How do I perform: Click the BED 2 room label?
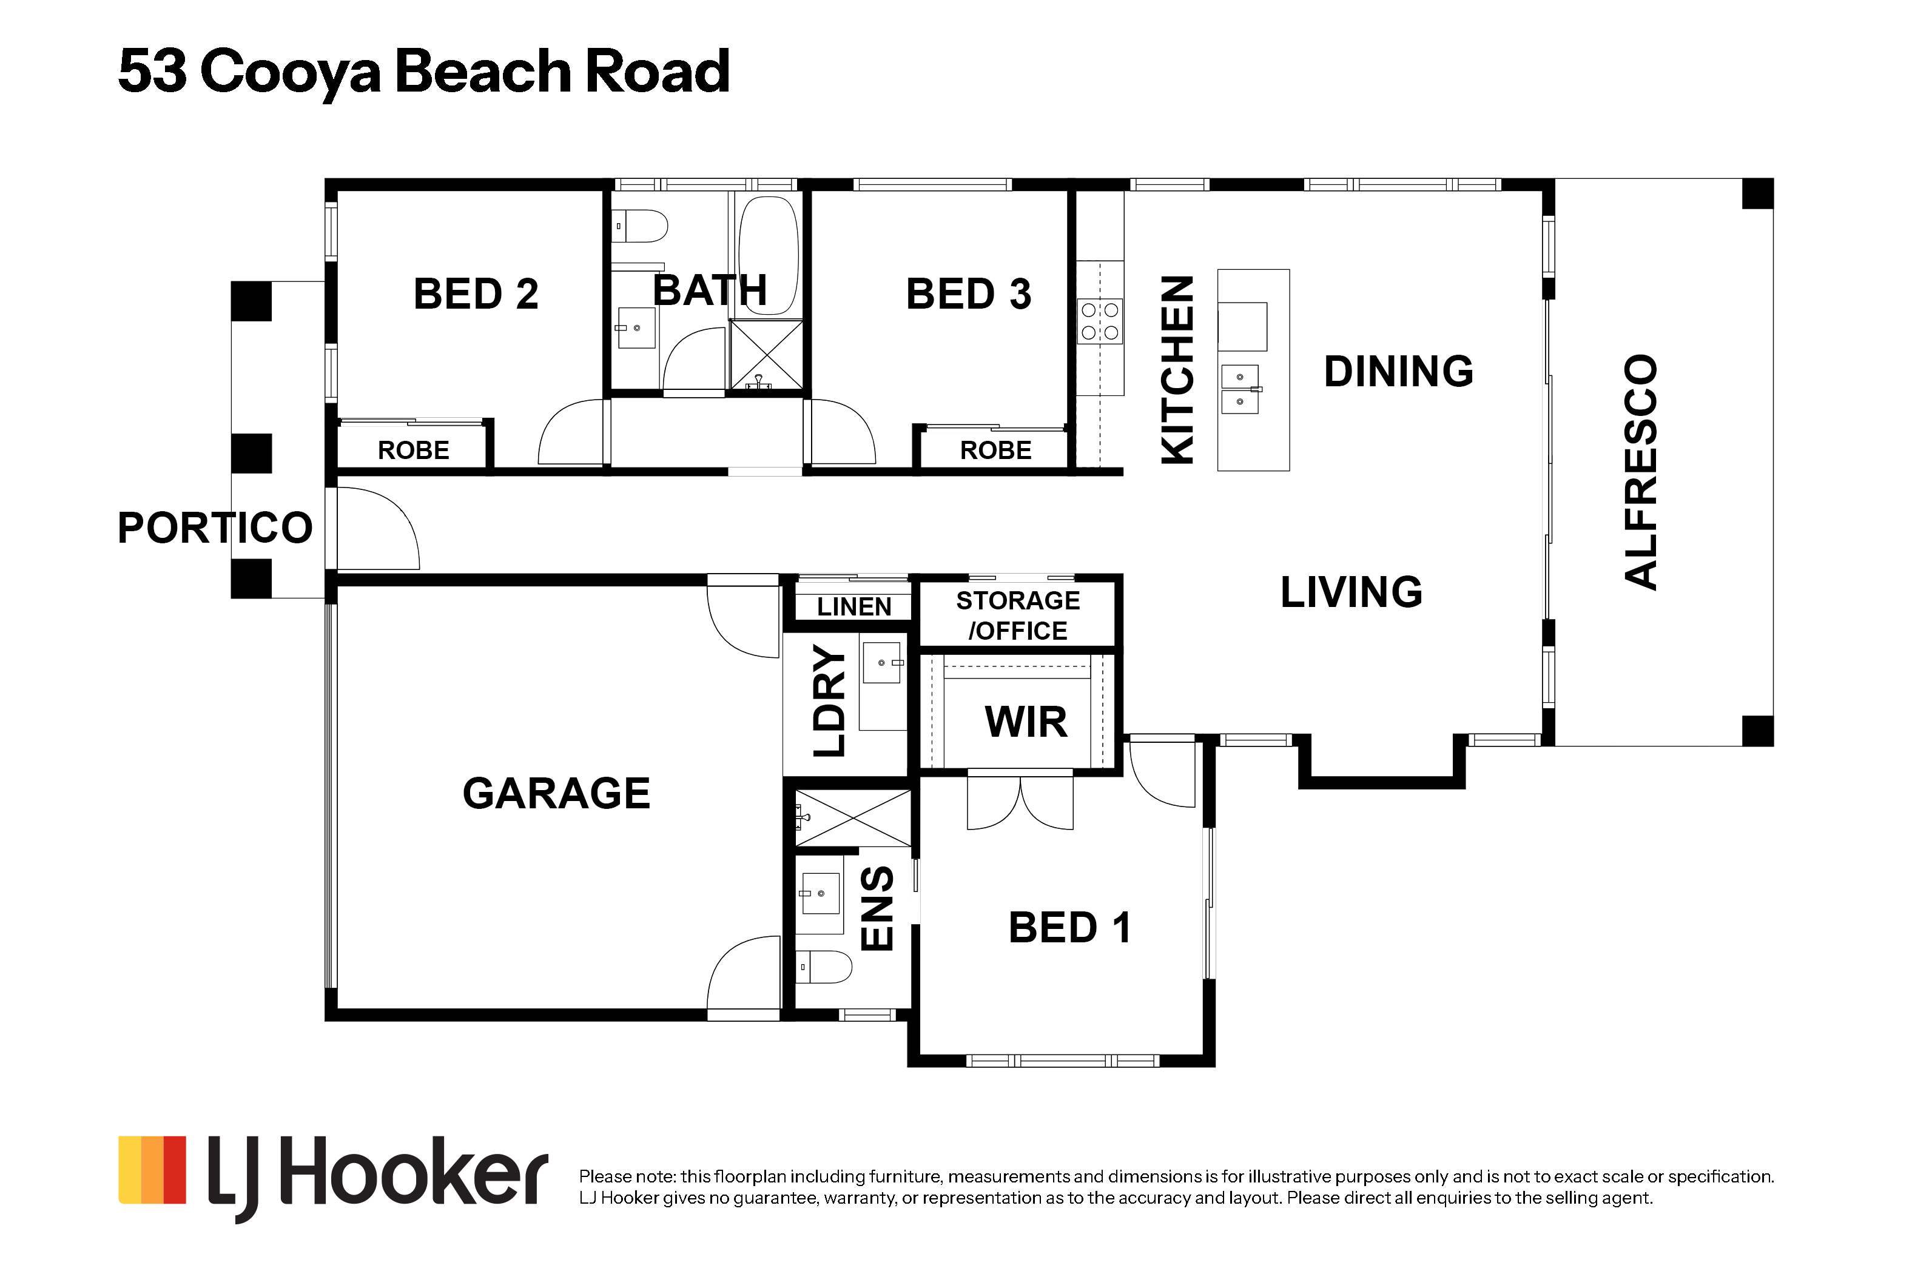click(476, 293)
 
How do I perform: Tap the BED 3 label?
click(969, 293)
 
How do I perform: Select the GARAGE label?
click(557, 793)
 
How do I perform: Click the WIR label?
click(1026, 722)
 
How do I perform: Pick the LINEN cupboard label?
click(854, 607)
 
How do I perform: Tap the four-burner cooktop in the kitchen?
click(1100, 321)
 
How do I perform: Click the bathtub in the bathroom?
click(769, 255)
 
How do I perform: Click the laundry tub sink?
click(881, 662)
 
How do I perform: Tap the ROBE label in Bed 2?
click(414, 450)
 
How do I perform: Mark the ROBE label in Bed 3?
click(995, 450)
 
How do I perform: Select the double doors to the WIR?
click(1020, 803)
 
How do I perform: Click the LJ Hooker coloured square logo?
click(153, 1169)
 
